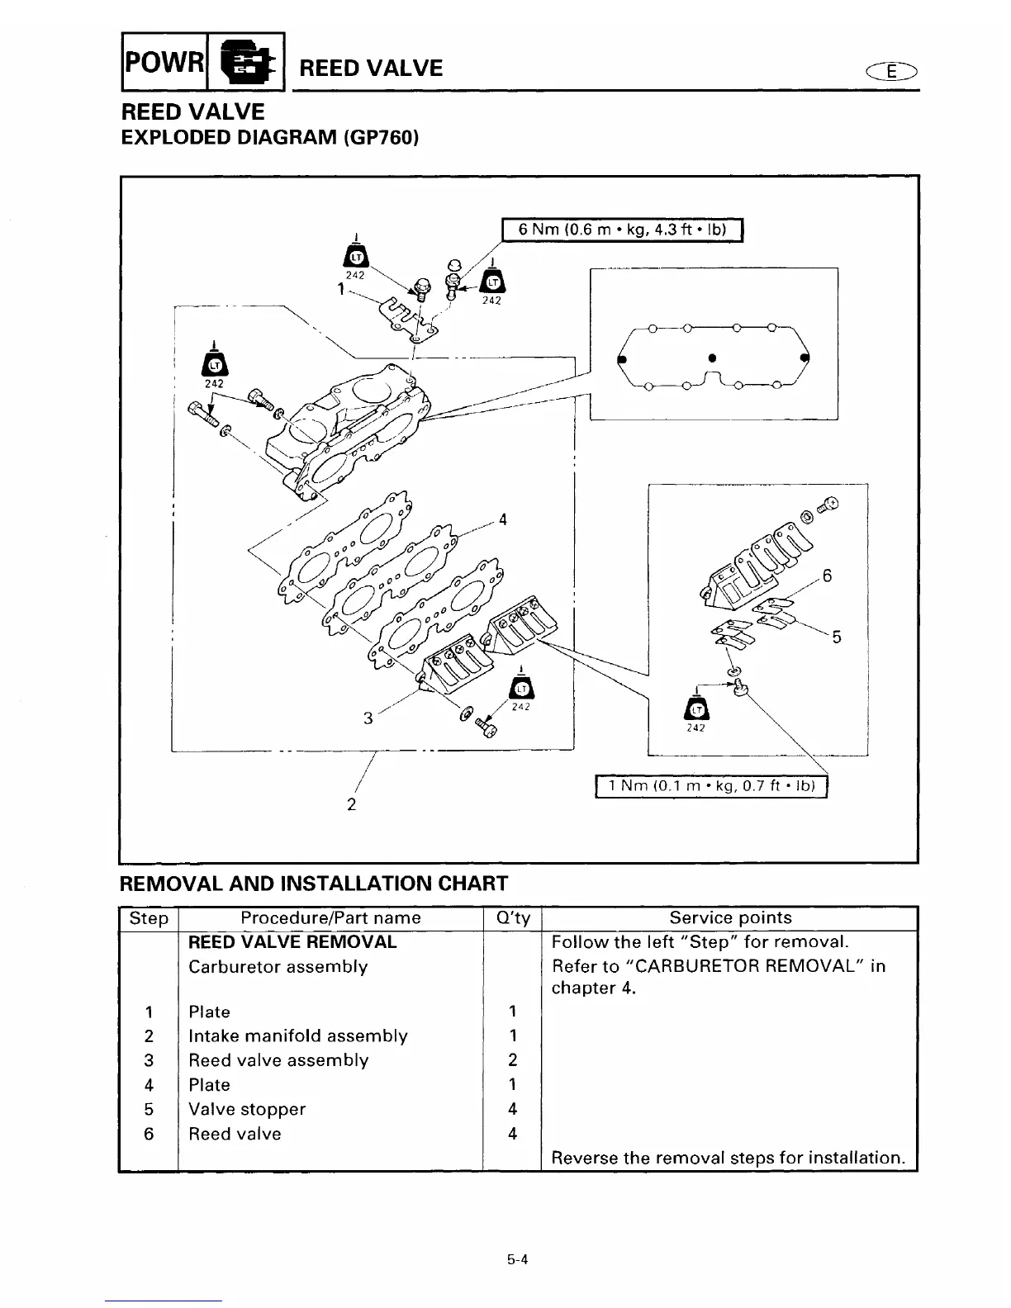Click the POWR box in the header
(164, 62)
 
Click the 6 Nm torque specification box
(623, 229)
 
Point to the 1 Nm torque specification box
(711, 786)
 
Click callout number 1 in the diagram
(340, 290)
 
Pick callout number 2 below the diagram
(351, 803)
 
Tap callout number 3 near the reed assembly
(368, 718)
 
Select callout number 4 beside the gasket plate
(502, 519)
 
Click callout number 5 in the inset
(837, 637)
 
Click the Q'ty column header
(512, 918)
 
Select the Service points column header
(730, 917)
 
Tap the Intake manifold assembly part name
(298, 1035)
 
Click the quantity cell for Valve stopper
(512, 1109)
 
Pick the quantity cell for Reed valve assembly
(512, 1060)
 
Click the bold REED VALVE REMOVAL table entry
(292, 942)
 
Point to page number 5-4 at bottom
(518, 1259)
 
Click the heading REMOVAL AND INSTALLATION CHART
(314, 884)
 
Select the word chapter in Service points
(582, 988)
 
